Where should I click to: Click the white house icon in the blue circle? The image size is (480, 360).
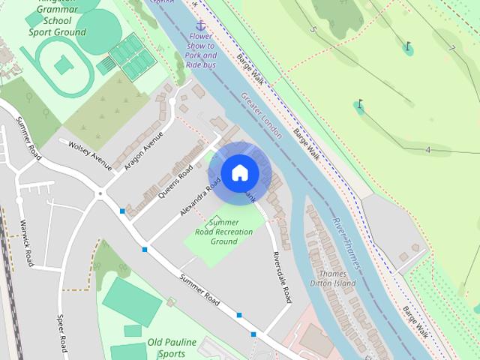tap(240, 173)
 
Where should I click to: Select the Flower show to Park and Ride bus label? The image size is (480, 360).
tap(200, 50)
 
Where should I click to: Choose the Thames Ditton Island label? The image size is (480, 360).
tap(332, 278)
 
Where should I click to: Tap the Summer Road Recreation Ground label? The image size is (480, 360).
tap(223, 232)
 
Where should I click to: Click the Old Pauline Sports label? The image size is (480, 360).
tap(172, 347)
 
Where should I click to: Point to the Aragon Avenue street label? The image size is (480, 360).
tap(143, 150)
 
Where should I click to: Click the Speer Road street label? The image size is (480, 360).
tap(62, 334)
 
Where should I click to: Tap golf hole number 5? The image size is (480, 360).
tap(313, 29)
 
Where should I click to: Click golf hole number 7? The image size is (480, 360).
tap(451, 49)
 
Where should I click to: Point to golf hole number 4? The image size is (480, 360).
tap(427, 150)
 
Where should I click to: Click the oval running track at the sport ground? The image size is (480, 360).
tap(58, 66)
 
